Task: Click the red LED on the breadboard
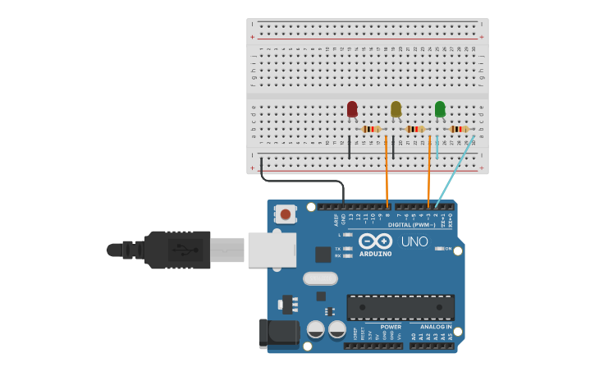tap(352, 109)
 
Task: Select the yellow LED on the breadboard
tap(396, 109)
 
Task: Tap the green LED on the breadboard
tap(440, 109)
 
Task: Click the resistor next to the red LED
tap(371, 129)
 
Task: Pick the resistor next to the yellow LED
tap(415, 129)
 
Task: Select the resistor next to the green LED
tap(459, 129)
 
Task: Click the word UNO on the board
tap(414, 241)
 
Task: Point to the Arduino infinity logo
tap(374, 241)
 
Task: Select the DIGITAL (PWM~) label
tap(411, 224)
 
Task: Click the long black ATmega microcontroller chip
tap(400, 307)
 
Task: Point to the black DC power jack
tap(277, 333)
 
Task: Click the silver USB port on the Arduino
tap(272, 250)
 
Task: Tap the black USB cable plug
tap(176, 250)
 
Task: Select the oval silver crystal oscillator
tap(320, 278)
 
